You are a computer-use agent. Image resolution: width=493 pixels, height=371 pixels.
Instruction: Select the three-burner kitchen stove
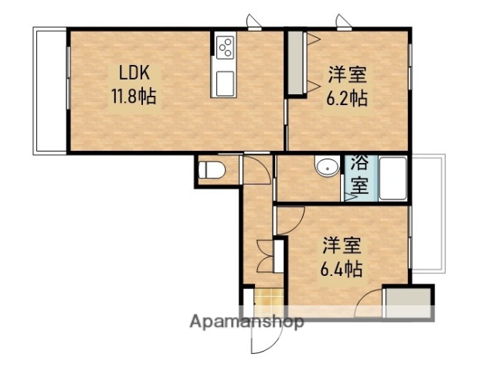(x=226, y=48)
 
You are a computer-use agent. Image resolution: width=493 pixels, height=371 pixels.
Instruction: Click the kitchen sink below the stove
(x=226, y=81)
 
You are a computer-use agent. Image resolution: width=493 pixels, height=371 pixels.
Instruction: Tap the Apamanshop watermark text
(x=246, y=322)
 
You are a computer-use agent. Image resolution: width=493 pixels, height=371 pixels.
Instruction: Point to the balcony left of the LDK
(x=50, y=90)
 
